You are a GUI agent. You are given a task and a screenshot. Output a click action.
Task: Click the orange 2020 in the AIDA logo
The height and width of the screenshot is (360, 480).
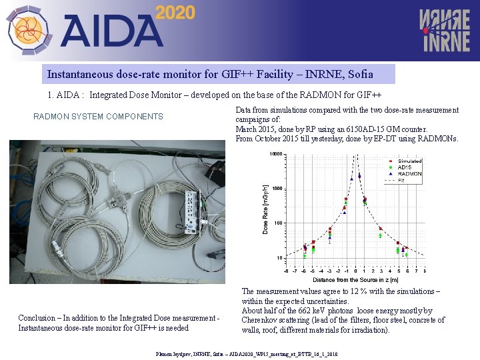pos(175,12)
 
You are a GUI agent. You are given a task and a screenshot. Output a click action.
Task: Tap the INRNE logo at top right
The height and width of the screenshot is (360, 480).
pos(444,30)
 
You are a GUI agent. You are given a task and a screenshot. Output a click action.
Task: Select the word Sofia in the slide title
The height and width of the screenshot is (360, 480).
pos(360,74)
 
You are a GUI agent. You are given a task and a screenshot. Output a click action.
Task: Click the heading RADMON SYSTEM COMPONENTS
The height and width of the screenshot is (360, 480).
pos(98,117)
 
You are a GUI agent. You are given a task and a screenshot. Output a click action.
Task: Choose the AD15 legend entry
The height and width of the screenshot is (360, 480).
pos(405,167)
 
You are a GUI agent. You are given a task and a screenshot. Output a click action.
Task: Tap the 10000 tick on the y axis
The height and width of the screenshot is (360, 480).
pos(275,155)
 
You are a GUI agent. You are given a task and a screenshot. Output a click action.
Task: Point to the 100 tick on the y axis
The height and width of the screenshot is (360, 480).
pos(277,223)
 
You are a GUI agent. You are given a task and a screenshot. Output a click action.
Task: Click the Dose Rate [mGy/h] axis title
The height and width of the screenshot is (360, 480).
pos(265,209)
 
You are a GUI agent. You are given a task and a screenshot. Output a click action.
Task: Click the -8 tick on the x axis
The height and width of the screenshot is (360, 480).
pos(286,271)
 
